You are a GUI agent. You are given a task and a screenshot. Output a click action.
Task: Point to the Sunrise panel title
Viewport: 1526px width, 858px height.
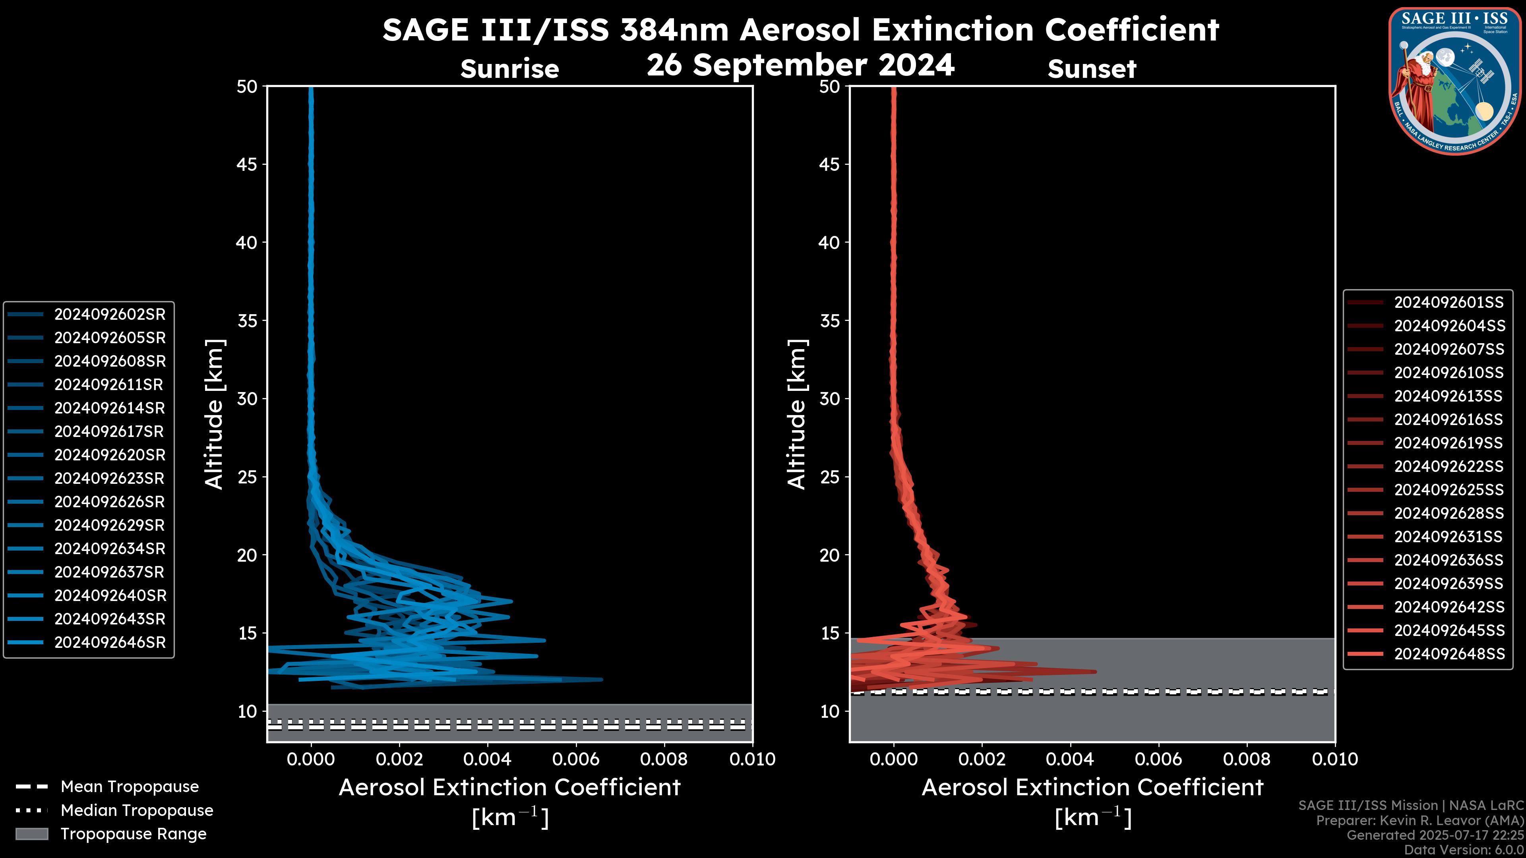(x=509, y=69)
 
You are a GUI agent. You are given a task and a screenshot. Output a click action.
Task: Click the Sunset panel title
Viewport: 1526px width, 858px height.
(x=1092, y=69)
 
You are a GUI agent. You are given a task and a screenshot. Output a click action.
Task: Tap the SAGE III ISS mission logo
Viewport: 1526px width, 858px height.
(x=1455, y=81)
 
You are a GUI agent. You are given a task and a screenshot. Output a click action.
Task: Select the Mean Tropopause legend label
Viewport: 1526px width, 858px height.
(x=130, y=787)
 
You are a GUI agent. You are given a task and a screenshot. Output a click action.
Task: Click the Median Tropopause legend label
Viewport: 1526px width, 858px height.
(x=137, y=810)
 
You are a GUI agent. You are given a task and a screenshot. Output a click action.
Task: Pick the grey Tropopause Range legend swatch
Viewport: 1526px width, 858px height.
(x=31, y=834)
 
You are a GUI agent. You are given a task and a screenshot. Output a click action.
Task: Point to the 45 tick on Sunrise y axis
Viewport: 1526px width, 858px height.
(x=247, y=164)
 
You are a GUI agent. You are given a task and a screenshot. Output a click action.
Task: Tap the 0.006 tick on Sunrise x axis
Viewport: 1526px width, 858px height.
(x=576, y=759)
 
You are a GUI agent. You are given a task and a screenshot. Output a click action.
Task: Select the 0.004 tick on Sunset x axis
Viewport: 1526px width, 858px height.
(x=1070, y=759)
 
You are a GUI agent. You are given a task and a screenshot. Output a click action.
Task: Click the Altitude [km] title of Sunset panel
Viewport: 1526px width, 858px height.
(x=797, y=414)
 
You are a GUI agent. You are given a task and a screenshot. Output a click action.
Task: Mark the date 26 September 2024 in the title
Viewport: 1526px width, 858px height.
(x=800, y=64)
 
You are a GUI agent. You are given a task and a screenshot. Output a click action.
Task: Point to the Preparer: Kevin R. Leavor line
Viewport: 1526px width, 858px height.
(x=1419, y=821)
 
